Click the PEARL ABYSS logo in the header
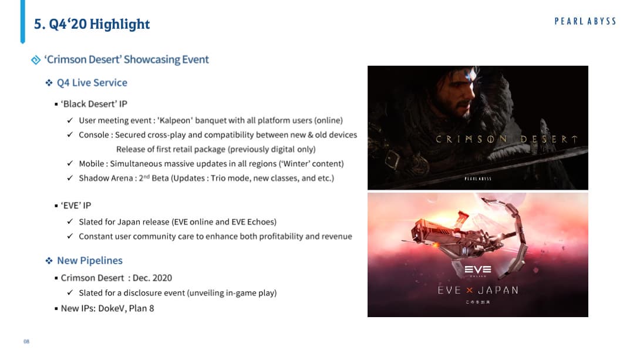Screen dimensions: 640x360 [x=585, y=22]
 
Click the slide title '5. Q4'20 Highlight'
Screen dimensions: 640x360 [x=92, y=24]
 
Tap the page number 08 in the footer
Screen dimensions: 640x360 [x=26, y=341]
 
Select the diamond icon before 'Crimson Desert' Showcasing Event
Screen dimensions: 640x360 [x=36, y=60]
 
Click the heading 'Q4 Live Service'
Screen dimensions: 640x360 [x=92, y=82]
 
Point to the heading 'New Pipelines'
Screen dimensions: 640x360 [x=90, y=260]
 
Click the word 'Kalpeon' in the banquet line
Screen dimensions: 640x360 [x=175, y=120]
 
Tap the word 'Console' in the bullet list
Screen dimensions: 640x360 [x=94, y=134]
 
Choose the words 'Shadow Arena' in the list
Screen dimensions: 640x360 [x=106, y=178]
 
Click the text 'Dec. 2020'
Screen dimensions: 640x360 [x=152, y=278]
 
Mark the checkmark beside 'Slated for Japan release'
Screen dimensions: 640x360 [x=70, y=221]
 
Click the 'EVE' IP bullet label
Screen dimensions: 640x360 [x=76, y=206]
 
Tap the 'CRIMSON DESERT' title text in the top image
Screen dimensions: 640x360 [x=507, y=139]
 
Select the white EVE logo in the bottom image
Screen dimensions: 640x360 [x=478, y=270]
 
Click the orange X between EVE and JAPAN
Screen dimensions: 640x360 [x=469, y=290]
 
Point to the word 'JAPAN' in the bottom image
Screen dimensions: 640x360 [x=498, y=290]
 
